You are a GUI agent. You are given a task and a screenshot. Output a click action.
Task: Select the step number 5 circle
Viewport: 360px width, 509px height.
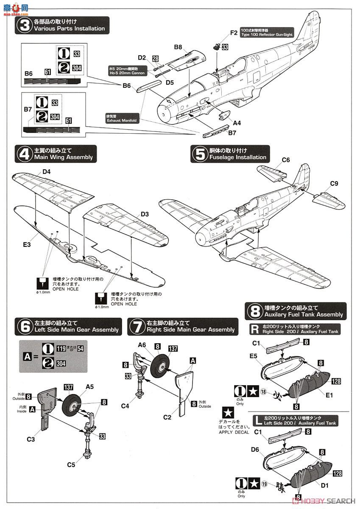point(199,154)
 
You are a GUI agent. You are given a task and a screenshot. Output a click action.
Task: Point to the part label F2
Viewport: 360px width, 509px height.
point(234,33)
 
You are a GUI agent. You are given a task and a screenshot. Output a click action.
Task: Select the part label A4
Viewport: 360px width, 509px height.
point(237,123)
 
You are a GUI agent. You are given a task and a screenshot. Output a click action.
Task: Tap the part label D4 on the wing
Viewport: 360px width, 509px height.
point(46,172)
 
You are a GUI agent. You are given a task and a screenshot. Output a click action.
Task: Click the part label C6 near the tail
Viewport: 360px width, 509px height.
point(286,160)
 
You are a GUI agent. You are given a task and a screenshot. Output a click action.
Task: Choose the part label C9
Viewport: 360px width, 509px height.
point(334,184)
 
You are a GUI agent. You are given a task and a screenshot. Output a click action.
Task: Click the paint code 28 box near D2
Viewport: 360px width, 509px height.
point(155,59)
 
